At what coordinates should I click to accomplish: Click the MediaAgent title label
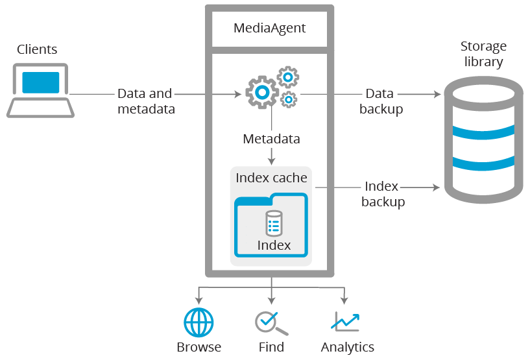[269, 29]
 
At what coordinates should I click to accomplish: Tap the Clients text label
[37, 49]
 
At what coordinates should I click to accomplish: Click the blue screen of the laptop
[40, 82]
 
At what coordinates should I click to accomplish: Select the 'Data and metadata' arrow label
[146, 101]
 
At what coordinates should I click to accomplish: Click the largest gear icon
[261, 93]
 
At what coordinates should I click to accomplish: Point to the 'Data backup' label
[381, 101]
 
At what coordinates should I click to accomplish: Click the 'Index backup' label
[383, 194]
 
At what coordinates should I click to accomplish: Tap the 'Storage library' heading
[483, 54]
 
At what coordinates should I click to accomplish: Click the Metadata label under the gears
[271, 139]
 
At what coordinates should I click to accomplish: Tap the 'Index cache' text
[271, 178]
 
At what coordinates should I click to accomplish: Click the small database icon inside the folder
[274, 223]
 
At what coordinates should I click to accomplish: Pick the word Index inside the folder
[274, 245]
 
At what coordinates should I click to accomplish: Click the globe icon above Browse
[199, 321]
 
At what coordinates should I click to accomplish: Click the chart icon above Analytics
[345, 321]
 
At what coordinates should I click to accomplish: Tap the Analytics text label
[347, 347]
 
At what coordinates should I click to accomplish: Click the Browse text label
[199, 347]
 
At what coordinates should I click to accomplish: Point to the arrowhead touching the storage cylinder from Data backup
[438, 94]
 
